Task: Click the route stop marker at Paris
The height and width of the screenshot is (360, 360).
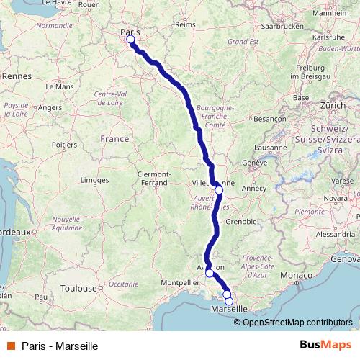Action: [x=130, y=40]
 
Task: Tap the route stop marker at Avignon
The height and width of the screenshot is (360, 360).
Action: [x=210, y=273]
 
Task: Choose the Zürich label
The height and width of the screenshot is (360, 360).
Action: [x=333, y=105]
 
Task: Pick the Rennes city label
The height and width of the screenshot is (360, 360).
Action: [x=14, y=75]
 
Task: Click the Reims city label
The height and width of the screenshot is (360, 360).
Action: [x=185, y=24]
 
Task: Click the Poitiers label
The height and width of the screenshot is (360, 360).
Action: [x=64, y=145]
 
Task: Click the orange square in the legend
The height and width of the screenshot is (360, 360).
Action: [x=11, y=346]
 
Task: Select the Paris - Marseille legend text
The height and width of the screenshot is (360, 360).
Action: [x=50, y=346]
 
